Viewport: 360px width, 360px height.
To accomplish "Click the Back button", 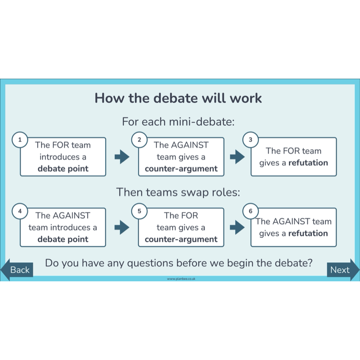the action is pyautogui.click(x=18, y=270).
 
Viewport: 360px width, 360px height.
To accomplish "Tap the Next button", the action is pyautogui.click(x=342, y=270).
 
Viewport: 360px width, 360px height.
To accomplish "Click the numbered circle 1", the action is pyautogui.click(x=19, y=140).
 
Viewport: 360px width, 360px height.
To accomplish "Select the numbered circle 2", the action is pyautogui.click(x=139, y=140).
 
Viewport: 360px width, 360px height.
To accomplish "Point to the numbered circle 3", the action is pyautogui.click(x=251, y=140).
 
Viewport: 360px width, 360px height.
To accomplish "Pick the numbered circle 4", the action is pyautogui.click(x=19, y=211).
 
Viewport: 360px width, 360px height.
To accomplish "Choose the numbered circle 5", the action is pyautogui.click(x=139, y=211).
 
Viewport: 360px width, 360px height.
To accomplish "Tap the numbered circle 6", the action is pyautogui.click(x=251, y=211).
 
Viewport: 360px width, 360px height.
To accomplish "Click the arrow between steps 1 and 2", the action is pyautogui.click(x=122, y=157).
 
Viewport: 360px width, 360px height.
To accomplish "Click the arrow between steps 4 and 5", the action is pyautogui.click(x=122, y=228).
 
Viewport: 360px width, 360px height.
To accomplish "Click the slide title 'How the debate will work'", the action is pyautogui.click(x=178, y=98).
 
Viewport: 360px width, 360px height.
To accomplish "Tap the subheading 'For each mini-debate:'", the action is pyautogui.click(x=178, y=121).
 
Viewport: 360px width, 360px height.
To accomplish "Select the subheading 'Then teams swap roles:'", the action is pyautogui.click(x=178, y=192).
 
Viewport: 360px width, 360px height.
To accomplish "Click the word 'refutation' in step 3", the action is pyautogui.click(x=308, y=163).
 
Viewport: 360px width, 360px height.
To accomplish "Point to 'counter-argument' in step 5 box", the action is pyautogui.click(x=181, y=239).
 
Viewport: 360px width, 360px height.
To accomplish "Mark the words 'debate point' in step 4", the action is pyautogui.click(x=63, y=239).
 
